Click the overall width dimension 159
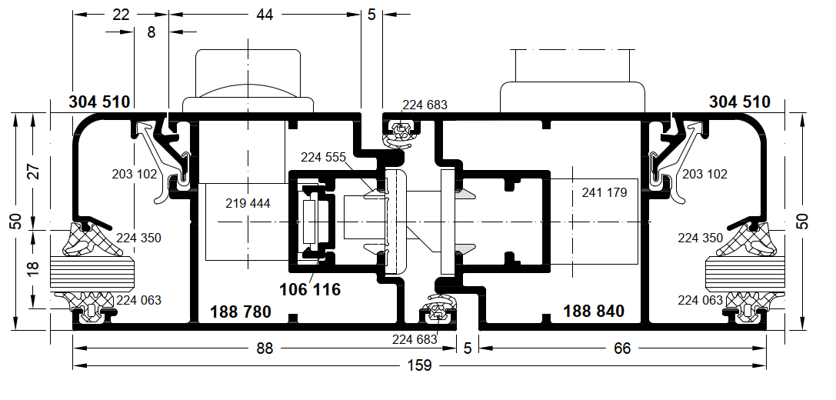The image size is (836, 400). click(x=420, y=366)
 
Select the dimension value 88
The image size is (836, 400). click(x=265, y=348)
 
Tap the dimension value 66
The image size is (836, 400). click(x=622, y=348)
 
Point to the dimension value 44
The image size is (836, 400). click(x=265, y=15)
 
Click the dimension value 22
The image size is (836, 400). click(x=121, y=15)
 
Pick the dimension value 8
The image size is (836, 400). click(x=152, y=32)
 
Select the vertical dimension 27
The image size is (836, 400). click(x=34, y=171)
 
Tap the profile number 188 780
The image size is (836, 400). click(x=241, y=312)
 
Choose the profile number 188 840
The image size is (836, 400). click(x=594, y=311)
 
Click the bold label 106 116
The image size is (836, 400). click(x=310, y=289)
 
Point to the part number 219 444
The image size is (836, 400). click(x=248, y=203)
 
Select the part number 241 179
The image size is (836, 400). click(x=604, y=192)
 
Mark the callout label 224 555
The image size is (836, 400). click(x=323, y=158)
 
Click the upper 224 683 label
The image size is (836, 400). click(x=425, y=105)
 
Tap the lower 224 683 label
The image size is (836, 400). click(x=415, y=339)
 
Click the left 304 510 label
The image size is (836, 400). click(x=99, y=102)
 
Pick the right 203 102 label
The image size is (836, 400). click(x=704, y=175)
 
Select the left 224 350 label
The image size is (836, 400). click(x=138, y=238)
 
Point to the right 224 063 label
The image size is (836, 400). click(x=701, y=301)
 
